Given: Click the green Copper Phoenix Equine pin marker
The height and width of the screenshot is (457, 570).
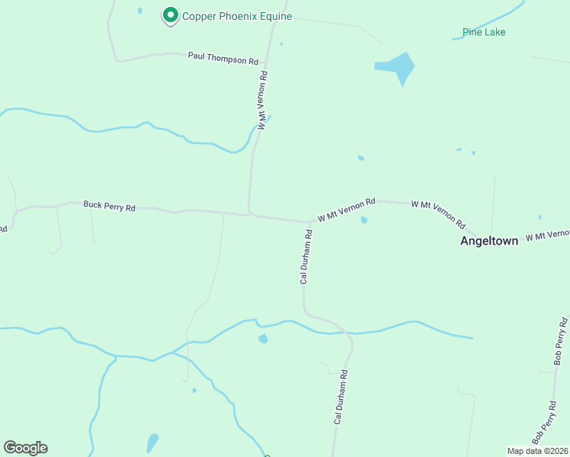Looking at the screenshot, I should click(170, 15).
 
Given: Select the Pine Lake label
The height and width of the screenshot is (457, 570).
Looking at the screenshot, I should click(483, 32).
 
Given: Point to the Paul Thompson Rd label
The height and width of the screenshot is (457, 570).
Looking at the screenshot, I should click(223, 58).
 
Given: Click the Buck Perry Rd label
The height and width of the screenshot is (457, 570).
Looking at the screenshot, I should click(109, 206).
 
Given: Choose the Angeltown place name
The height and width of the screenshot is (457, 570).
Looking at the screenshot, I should click(488, 241).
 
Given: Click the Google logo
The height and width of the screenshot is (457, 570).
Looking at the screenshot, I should click(25, 448).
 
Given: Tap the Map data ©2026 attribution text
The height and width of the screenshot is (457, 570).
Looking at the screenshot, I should click(538, 451).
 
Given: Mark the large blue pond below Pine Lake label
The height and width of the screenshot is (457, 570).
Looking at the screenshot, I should click(398, 67).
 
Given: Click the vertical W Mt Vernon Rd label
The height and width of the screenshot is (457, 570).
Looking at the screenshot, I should click(263, 101).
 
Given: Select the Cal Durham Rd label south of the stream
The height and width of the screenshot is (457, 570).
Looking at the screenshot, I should click(340, 397).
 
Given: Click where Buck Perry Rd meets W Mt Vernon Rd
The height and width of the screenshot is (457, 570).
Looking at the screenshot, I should click(250, 214).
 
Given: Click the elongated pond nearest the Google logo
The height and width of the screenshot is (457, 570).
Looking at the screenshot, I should click(152, 443).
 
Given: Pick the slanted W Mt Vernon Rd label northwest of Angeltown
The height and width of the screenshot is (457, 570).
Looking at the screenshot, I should click(438, 215).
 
